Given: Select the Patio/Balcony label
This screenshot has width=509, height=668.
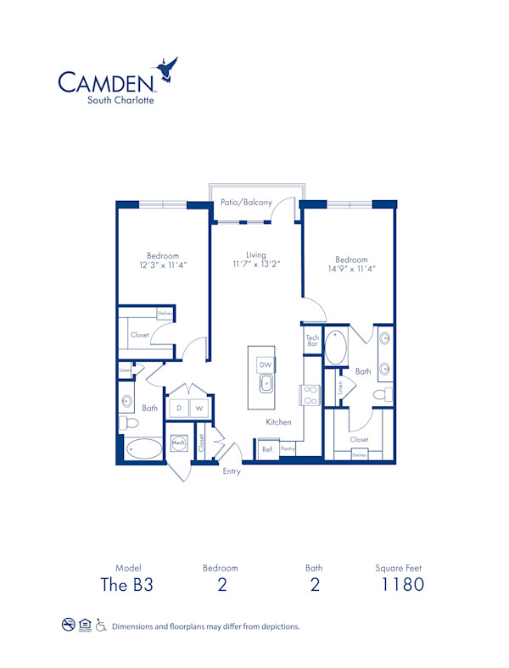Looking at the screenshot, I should [246, 203].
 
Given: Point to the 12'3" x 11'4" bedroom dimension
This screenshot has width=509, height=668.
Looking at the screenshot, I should [163, 265].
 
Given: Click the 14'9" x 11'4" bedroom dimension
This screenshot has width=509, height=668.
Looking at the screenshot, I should [351, 269].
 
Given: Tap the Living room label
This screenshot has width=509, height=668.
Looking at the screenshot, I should [256, 254].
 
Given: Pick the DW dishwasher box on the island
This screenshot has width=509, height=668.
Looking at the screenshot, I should [265, 364].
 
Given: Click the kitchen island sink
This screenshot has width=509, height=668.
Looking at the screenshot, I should [266, 383].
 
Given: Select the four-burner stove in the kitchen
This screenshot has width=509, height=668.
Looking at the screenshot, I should [308, 394].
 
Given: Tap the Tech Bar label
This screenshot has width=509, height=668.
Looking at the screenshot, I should [312, 340].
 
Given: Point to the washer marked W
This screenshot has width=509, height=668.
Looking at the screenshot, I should [200, 409].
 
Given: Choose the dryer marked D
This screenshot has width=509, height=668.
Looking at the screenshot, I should [179, 409].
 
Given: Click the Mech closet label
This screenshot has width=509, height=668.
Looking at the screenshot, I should [179, 443].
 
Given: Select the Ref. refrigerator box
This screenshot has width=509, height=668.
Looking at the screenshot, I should [266, 449].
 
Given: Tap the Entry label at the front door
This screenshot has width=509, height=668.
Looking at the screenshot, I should [231, 471].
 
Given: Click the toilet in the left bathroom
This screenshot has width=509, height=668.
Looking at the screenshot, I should [127, 423].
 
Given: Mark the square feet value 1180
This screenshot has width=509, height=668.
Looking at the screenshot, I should [401, 584].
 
